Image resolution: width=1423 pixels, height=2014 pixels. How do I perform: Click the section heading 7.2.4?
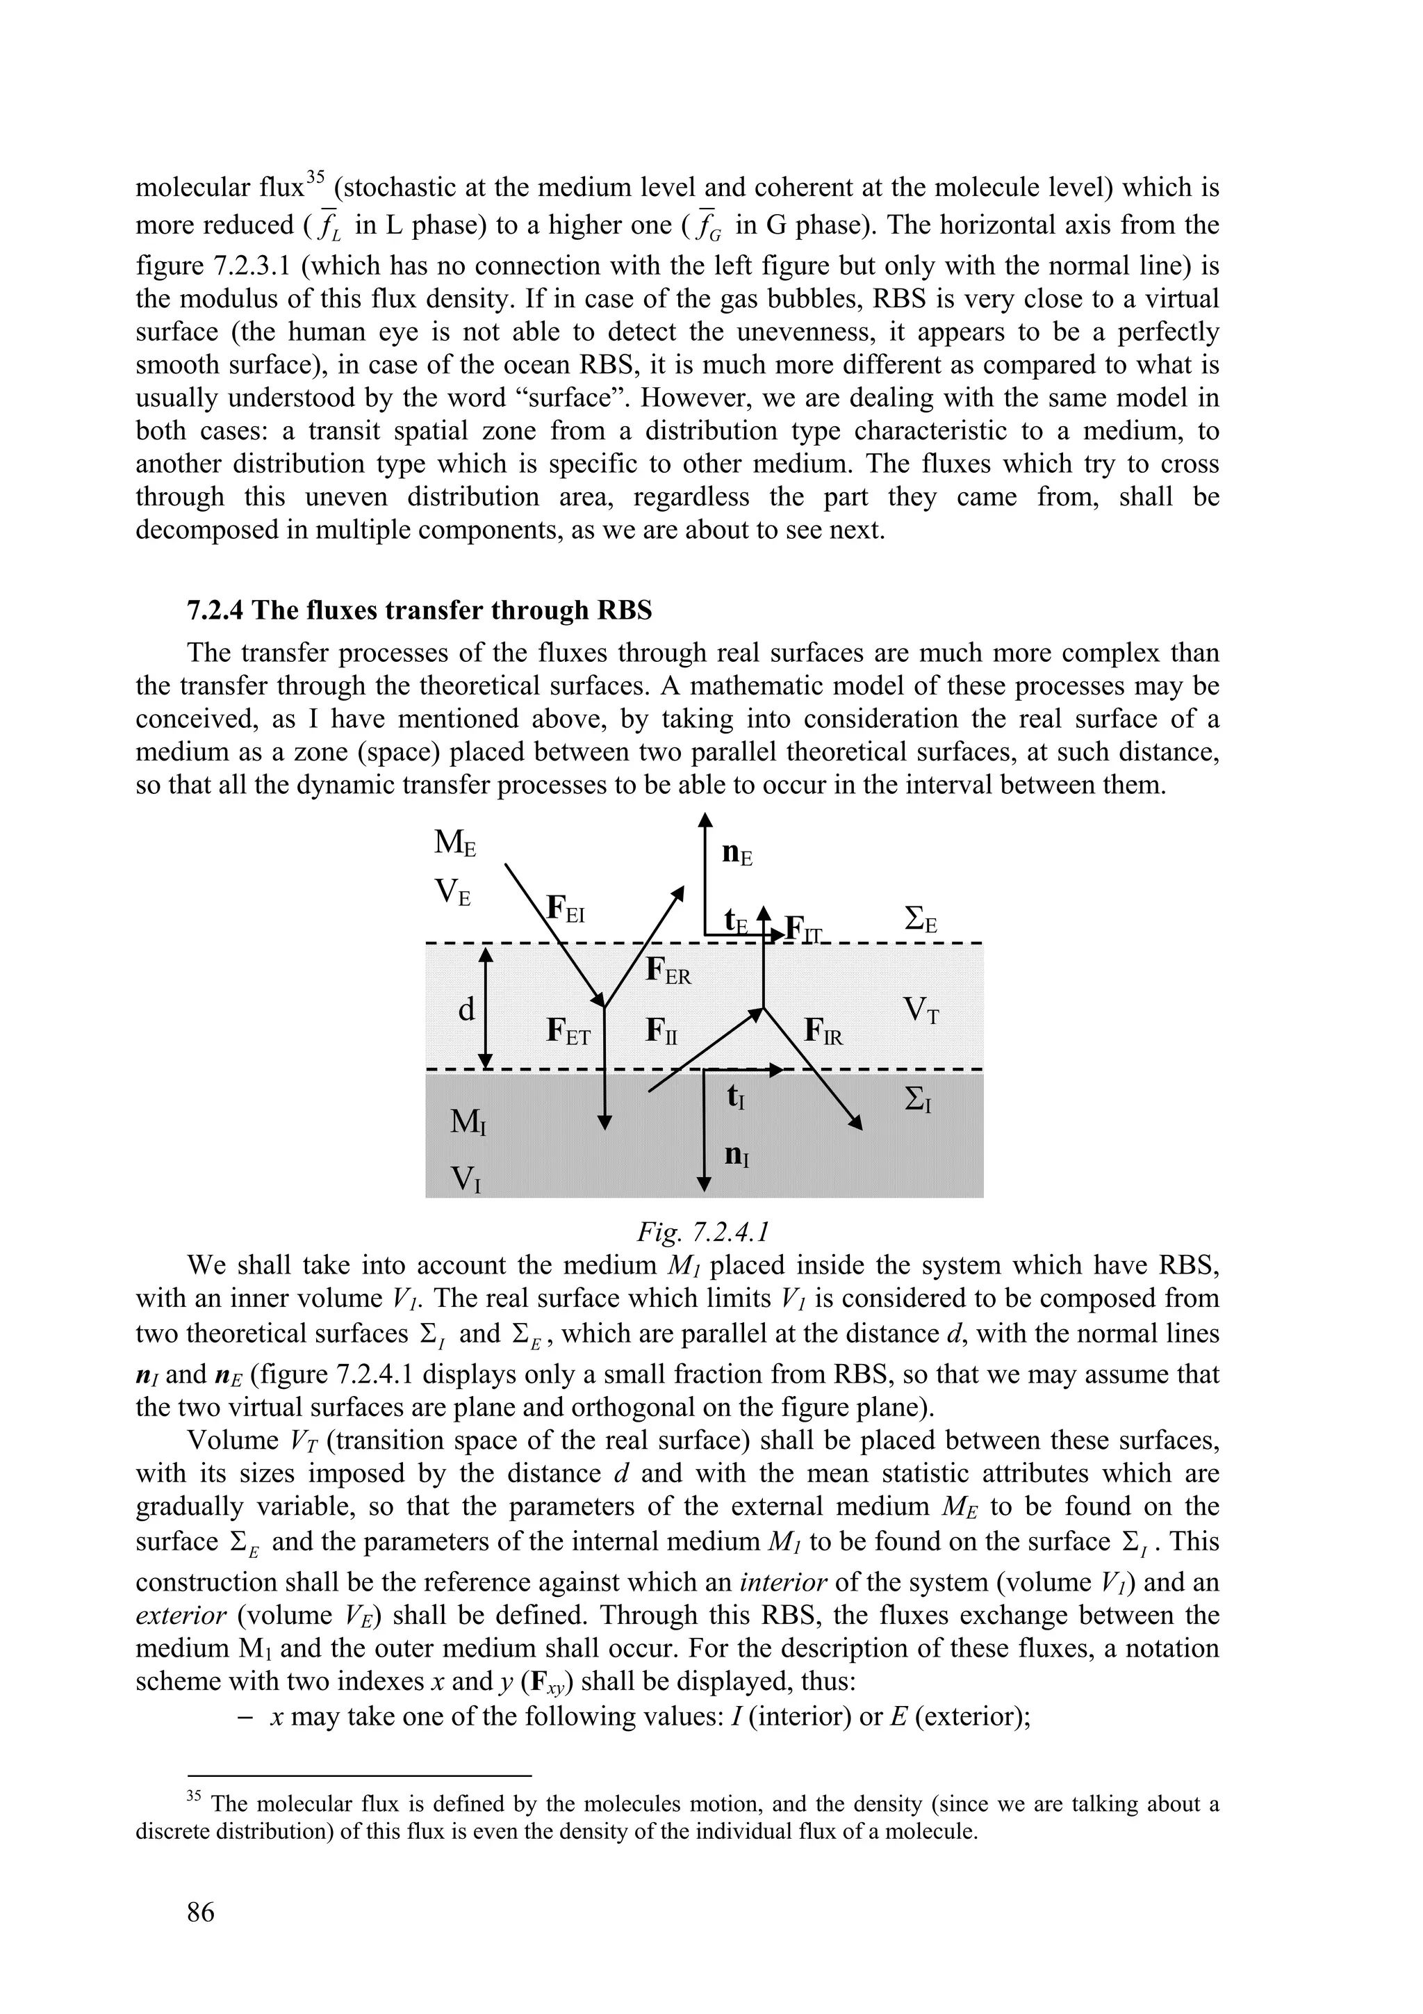(x=419, y=610)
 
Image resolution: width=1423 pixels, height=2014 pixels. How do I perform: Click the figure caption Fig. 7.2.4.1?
(x=703, y=1233)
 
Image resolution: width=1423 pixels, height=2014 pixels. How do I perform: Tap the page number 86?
(x=201, y=1911)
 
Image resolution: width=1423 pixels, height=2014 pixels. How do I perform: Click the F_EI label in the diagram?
(x=565, y=908)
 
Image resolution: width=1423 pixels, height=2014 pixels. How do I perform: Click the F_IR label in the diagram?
(x=823, y=1032)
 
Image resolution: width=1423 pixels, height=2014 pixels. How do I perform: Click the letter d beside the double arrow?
(x=466, y=1009)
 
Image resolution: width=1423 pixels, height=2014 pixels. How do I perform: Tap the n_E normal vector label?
(x=737, y=854)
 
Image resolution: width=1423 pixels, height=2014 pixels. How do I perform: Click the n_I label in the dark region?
(x=737, y=1155)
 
